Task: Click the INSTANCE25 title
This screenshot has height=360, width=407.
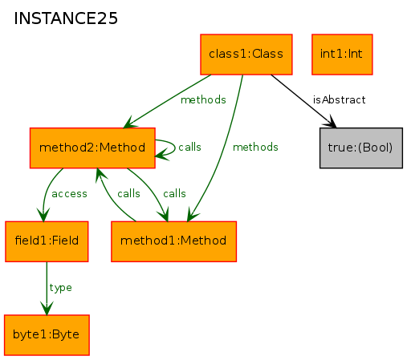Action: (x=66, y=18)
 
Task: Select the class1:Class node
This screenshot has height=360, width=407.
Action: (x=246, y=55)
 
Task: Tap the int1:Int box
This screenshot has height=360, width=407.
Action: (x=342, y=55)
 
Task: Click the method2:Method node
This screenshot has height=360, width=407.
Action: (x=92, y=148)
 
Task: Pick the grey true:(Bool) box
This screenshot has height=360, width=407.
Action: (x=361, y=148)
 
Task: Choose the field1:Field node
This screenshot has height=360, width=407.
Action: (x=47, y=241)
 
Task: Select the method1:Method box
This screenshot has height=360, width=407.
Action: (x=173, y=241)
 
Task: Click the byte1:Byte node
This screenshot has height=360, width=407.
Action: (x=47, y=335)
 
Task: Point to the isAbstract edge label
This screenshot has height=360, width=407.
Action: (x=339, y=100)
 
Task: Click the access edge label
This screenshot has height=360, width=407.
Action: (x=69, y=194)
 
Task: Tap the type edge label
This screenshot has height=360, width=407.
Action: (x=60, y=288)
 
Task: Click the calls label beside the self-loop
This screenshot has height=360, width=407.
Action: (x=189, y=147)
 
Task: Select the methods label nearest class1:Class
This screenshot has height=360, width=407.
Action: (x=203, y=100)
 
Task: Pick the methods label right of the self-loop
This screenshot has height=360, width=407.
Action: (x=255, y=147)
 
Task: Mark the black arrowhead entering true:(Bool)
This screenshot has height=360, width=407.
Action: (x=331, y=122)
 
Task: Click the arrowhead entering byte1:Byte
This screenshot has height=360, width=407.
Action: (x=47, y=308)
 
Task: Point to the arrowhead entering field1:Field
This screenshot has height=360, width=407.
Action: (x=43, y=215)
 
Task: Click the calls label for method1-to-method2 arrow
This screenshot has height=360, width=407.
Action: (x=128, y=194)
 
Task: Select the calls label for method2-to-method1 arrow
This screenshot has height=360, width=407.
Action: (x=174, y=194)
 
